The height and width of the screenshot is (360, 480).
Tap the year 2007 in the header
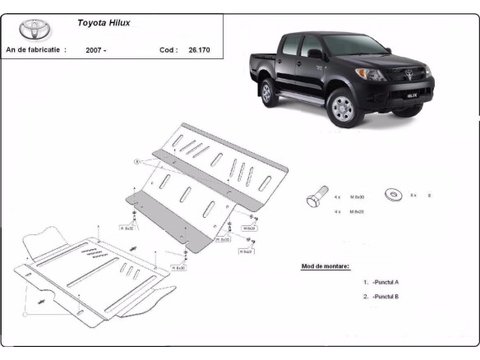point(96,50)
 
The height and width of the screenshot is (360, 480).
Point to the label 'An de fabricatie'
point(36,50)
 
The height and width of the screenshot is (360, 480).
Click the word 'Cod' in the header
point(168,50)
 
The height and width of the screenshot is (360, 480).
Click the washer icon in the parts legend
point(395,195)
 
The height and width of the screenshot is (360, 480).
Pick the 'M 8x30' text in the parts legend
point(356,197)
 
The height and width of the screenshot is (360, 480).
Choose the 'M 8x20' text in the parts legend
point(356,212)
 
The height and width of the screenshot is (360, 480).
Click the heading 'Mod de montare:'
point(325,266)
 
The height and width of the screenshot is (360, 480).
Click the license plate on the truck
point(411,104)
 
